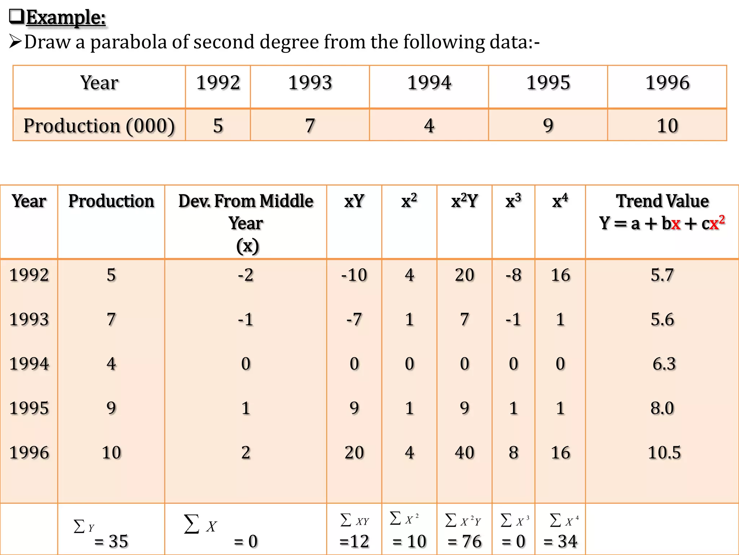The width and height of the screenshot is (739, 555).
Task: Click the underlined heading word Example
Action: pos(66,17)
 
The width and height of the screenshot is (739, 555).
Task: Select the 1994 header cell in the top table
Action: pos(429,83)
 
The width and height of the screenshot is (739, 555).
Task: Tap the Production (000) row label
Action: pos(99,126)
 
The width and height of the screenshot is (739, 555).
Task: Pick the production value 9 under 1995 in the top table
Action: pos(548,126)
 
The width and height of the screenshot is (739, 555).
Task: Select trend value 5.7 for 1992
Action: pos(662,275)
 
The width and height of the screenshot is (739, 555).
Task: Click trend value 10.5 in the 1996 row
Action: pos(664,452)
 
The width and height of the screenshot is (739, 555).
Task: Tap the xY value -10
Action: pos(354,275)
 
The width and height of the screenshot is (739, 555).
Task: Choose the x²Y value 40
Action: pos(464,452)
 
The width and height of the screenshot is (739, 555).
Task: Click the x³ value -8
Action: pos(513,275)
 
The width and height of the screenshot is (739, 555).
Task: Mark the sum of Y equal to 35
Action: pos(111,541)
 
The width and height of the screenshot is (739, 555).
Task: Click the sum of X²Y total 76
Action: pos(464,541)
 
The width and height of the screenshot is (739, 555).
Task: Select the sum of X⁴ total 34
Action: pos(560,541)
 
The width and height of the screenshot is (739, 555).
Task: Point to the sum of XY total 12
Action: pos(354,541)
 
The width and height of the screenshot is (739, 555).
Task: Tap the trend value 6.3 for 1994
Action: pos(664,363)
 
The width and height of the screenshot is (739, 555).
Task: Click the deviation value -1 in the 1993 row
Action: pos(246,319)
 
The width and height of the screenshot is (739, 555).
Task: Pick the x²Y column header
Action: pos(464,201)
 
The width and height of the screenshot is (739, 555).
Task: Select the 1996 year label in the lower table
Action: pos(29,452)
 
